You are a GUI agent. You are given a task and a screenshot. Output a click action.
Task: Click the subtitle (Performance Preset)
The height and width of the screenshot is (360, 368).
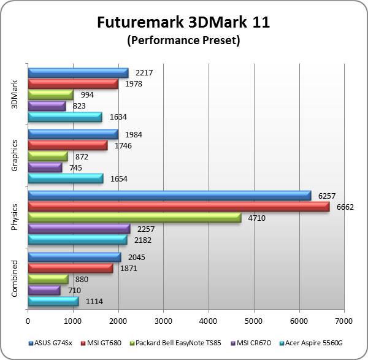pos(183,41)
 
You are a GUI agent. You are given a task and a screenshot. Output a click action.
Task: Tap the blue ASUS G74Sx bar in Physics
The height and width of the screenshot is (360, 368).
pos(169,196)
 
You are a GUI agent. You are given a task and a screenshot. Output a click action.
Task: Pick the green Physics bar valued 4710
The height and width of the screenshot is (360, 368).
pos(134,218)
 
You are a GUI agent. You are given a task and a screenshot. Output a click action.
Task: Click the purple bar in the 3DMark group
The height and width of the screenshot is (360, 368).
pos(47,105)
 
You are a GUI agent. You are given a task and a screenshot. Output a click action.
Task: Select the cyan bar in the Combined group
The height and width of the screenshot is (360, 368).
pos(53,301)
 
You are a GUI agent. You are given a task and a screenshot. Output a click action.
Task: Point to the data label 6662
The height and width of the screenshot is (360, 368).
pos(345,207)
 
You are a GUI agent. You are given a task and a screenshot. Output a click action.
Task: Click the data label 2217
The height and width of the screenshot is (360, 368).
pos(144,72)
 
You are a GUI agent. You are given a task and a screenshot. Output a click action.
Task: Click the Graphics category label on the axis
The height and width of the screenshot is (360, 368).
pos(15,156)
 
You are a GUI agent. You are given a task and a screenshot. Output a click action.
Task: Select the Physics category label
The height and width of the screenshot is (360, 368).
pos(15,217)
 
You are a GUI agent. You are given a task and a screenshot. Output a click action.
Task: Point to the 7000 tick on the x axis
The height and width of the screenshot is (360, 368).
pos(343,320)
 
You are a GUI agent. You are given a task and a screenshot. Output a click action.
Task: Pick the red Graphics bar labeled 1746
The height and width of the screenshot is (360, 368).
pos(67,145)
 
